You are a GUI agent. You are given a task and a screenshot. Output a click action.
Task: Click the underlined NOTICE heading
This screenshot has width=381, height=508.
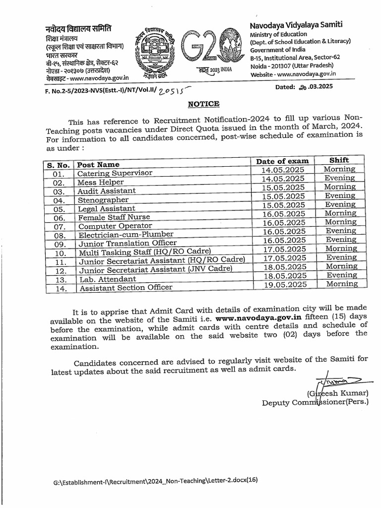pos(203,104)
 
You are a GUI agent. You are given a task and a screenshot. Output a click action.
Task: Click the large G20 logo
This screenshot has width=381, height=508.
pos(204,50)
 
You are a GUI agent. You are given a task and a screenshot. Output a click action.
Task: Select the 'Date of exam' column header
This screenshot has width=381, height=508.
pos(282,161)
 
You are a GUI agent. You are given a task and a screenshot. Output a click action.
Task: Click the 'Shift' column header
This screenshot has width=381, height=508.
pos(339,160)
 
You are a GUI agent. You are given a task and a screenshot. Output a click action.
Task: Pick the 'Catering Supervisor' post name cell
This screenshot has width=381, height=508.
pos(115,173)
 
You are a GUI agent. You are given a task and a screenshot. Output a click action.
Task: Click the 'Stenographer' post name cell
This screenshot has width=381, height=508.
pos(102,200)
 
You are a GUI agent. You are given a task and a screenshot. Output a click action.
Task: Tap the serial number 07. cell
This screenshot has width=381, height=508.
pos(59,227)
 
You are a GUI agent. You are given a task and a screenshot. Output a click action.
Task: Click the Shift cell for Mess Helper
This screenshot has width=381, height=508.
pos(340,178)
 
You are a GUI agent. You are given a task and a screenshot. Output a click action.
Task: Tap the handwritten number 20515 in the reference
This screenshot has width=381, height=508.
pos(165,89)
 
